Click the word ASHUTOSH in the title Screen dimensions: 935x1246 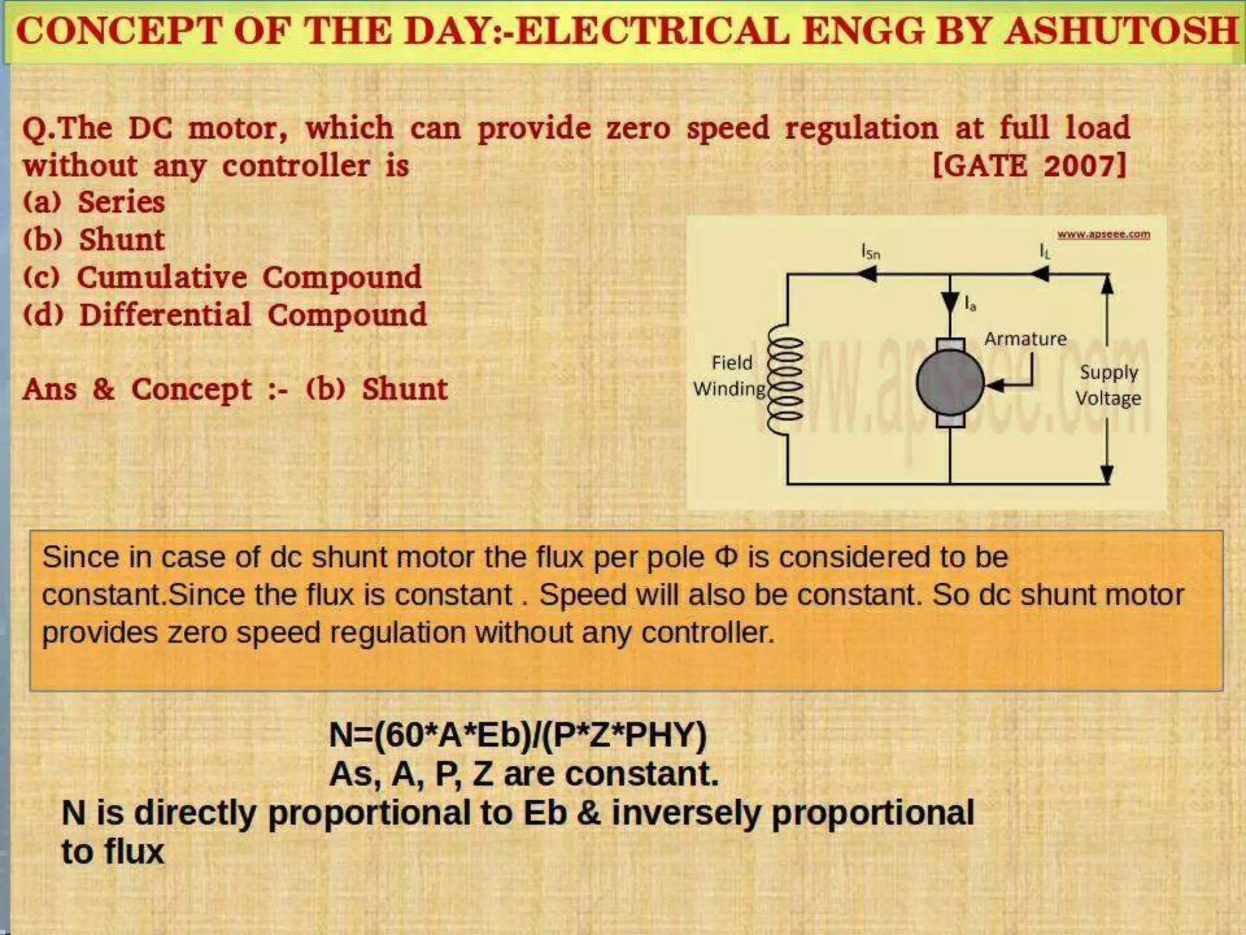point(1121,32)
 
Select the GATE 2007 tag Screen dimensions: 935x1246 point(1029,165)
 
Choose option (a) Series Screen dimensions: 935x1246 point(94,202)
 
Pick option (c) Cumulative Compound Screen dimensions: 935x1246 point(223,278)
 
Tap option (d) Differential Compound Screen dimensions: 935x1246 point(225,315)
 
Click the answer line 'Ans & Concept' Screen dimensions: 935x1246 point(235,390)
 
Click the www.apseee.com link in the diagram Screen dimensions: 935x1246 point(1103,234)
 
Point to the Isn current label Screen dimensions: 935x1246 point(871,251)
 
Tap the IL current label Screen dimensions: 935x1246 point(1045,251)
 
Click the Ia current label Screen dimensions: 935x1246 point(970,304)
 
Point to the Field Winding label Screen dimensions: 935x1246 point(730,376)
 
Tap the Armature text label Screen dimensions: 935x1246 point(1025,338)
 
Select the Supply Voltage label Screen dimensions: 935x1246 point(1108,385)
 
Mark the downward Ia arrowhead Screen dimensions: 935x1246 point(950,302)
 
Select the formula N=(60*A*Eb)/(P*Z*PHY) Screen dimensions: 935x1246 point(518,735)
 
